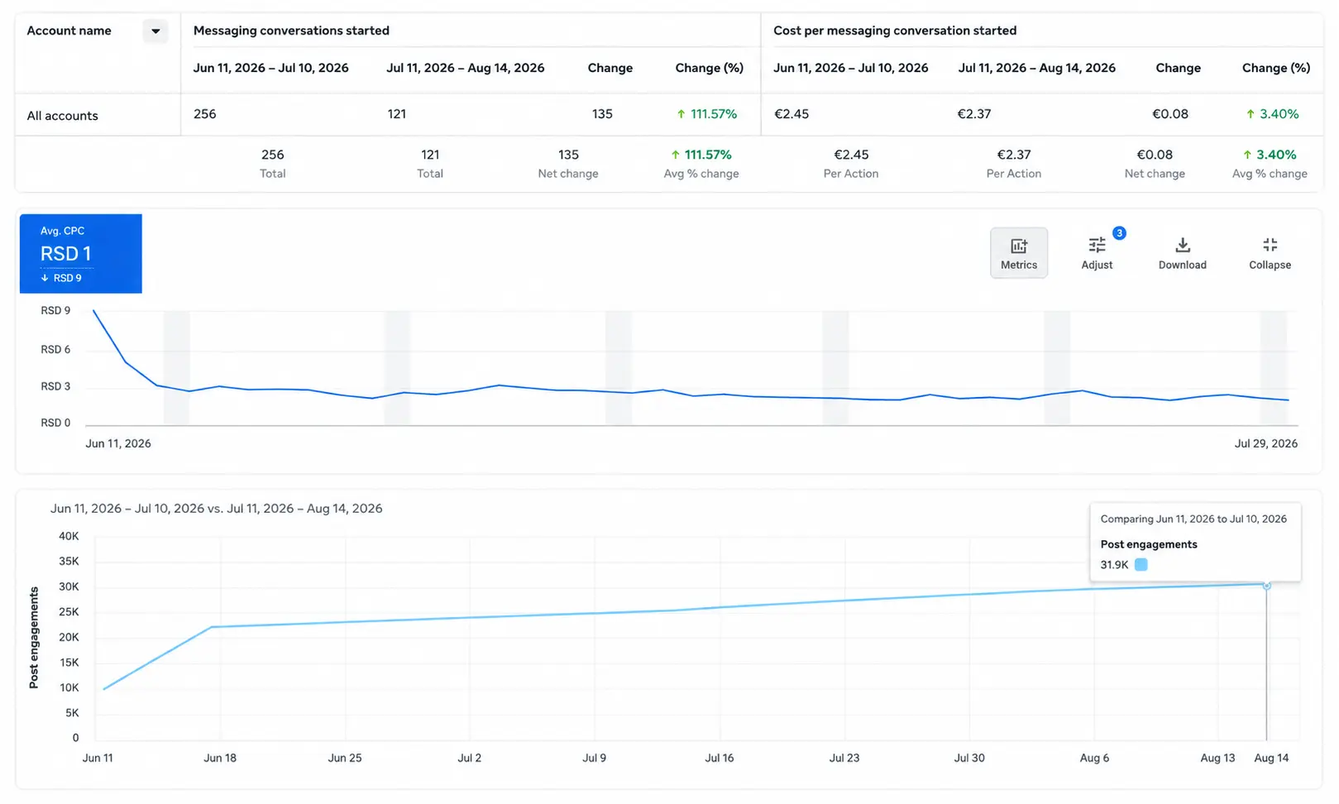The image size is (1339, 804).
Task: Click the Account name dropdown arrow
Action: tap(155, 31)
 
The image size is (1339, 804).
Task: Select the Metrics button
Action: tap(1019, 253)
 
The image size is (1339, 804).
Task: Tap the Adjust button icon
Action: tap(1097, 245)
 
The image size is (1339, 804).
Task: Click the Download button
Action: tap(1183, 253)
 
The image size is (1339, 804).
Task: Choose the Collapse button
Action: tap(1270, 253)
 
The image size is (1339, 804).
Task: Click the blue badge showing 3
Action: tap(1119, 233)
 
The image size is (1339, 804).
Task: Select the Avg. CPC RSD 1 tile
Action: tap(81, 253)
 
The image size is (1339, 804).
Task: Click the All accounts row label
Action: tap(62, 115)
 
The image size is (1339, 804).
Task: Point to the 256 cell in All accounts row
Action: tap(204, 113)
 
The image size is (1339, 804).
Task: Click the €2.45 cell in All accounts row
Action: tap(791, 113)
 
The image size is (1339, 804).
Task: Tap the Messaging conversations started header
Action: tap(291, 31)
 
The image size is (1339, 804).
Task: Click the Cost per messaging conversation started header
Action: tap(895, 31)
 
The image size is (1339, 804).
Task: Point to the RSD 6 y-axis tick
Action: tap(55, 349)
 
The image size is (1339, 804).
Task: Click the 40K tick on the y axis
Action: tap(69, 536)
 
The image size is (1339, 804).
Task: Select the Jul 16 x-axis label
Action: tap(719, 758)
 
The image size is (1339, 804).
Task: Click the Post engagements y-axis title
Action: tap(34, 637)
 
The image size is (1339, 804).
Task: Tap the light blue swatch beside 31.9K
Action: tap(1141, 564)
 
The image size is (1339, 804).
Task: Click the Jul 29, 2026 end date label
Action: tap(1266, 443)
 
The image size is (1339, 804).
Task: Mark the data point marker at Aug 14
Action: tap(1266, 586)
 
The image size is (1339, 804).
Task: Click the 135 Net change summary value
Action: tap(568, 154)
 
